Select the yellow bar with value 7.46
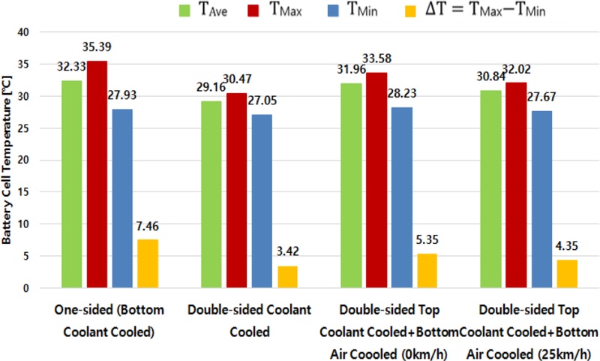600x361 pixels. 148,263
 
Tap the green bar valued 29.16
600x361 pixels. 212,194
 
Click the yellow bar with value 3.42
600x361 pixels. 287,276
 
